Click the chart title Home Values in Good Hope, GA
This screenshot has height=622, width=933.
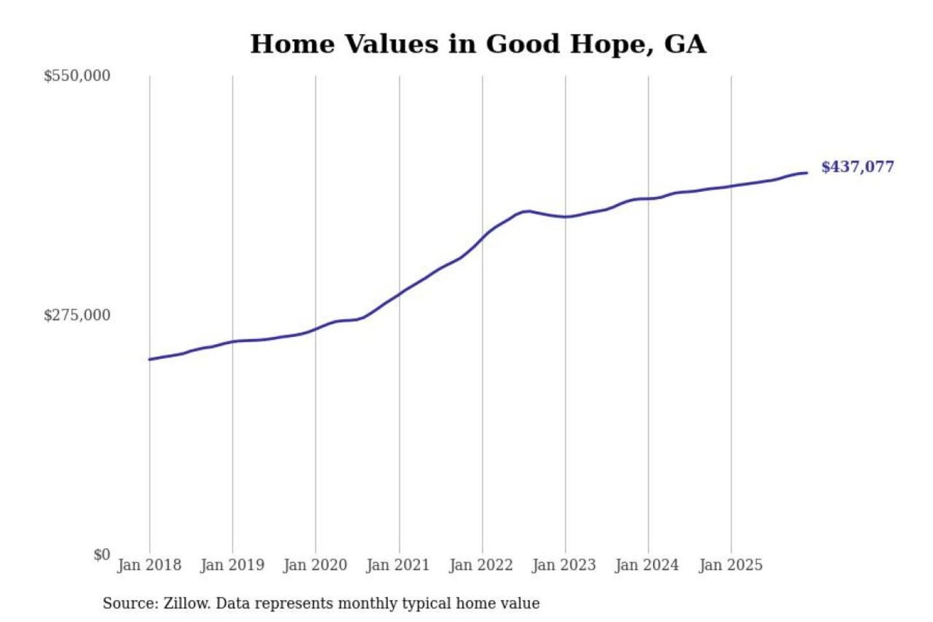pos(478,44)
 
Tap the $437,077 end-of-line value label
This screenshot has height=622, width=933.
pos(857,167)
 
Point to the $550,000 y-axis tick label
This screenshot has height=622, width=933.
pos(76,76)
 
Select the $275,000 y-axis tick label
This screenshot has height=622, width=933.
pos(76,315)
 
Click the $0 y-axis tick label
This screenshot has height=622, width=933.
pos(102,555)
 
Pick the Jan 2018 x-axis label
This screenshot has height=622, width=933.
pos(149,565)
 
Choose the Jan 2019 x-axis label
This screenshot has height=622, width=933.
pos(232,565)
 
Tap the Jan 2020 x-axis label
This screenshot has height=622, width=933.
pos(316,565)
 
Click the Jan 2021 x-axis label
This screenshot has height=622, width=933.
pos(398,565)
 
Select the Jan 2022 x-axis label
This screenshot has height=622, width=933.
pos(481,565)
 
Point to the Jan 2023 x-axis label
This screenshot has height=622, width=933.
pos(564,565)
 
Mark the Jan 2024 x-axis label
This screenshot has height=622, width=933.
pos(647,565)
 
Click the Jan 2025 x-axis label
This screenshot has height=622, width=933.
pos(730,565)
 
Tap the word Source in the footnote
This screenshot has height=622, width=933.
pos(129,604)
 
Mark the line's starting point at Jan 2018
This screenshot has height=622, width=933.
pos(150,359)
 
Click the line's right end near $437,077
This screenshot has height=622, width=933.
pos(807,173)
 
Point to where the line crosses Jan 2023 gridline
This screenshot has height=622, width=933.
pos(565,216)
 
